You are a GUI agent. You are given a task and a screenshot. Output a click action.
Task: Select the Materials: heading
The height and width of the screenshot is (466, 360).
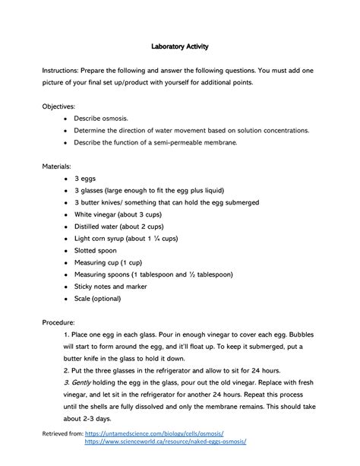coord(58,166)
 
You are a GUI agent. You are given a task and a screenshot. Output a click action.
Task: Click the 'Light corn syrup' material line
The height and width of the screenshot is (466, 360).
coord(125,238)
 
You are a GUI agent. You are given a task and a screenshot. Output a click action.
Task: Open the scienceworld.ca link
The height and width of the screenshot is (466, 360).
coord(165,441)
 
